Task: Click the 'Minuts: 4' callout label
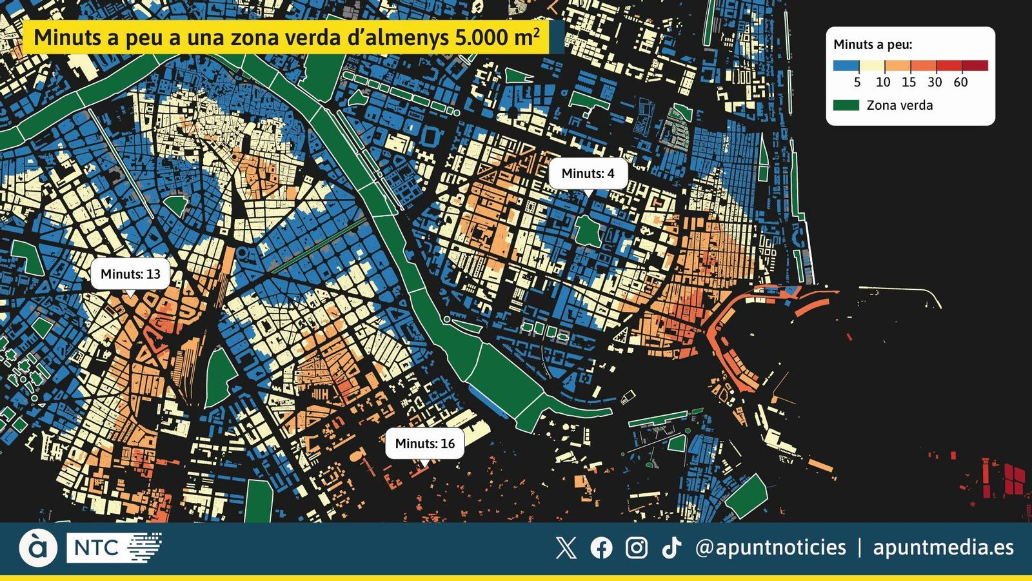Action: [x=588, y=173]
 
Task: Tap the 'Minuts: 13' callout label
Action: [x=130, y=274]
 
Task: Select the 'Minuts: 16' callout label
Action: [x=424, y=443]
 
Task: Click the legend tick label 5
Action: [x=857, y=82]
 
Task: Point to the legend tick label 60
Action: [x=960, y=82]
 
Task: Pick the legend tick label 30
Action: [x=935, y=82]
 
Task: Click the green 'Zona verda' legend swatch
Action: [x=846, y=105]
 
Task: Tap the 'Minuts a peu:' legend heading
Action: [x=873, y=45]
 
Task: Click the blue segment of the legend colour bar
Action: [x=846, y=65]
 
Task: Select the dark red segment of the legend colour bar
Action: [x=975, y=65]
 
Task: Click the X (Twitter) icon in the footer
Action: [x=566, y=548]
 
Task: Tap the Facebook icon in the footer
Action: [x=601, y=548]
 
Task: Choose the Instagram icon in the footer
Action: [x=637, y=548]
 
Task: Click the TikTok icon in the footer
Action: [x=671, y=548]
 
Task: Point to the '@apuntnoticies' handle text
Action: [x=770, y=547]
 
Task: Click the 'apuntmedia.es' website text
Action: [x=943, y=547]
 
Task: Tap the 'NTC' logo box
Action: [x=97, y=548]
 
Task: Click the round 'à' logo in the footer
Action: [x=38, y=547]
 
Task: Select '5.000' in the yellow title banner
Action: [x=481, y=37]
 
